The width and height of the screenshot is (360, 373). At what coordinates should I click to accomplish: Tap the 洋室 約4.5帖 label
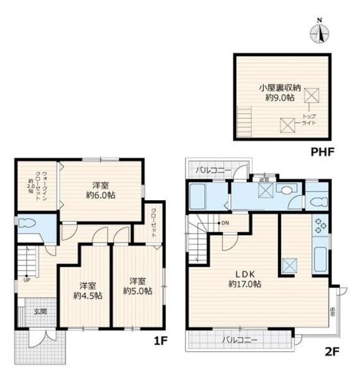coord(88,290)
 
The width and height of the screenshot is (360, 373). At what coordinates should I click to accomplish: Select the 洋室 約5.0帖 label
coord(137,285)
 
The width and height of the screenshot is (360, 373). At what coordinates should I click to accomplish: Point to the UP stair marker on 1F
coord(26,280)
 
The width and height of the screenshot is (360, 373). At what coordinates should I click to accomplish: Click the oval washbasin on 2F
coord(286,191)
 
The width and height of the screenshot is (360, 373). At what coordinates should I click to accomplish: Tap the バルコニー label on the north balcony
coord(213,169)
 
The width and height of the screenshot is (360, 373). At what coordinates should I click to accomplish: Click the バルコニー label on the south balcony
coord(239,340)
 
